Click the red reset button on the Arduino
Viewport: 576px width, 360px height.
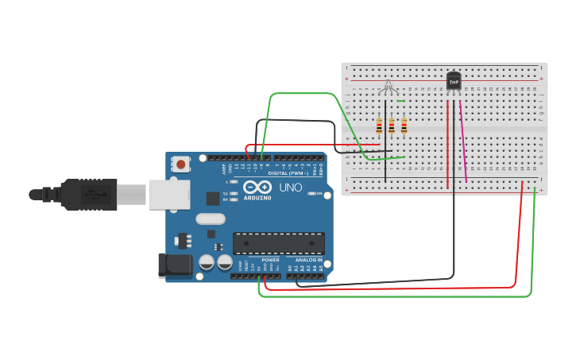coord(181,165)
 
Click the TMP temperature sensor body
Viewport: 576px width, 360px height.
coord(454,80)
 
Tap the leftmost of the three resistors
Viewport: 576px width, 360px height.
coord(379,126)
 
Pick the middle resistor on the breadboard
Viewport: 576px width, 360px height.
coord(392,126)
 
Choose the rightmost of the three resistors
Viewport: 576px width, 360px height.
coord(404,126)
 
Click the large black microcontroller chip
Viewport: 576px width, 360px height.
coord(278,243)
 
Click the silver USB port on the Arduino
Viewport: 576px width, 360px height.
coord(169,195)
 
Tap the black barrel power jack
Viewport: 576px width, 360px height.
coord(176,265)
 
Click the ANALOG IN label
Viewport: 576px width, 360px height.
coord(309,260)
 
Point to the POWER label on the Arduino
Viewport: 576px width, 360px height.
coord(270,260)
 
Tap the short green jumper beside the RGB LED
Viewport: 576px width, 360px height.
coord(401,101)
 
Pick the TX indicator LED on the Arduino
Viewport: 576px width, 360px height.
coord(234,193)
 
